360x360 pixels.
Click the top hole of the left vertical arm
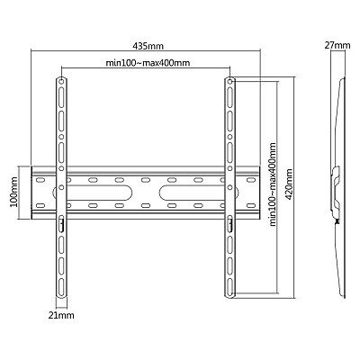coord(61,84)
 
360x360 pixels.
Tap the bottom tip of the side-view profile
coord(340,297)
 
